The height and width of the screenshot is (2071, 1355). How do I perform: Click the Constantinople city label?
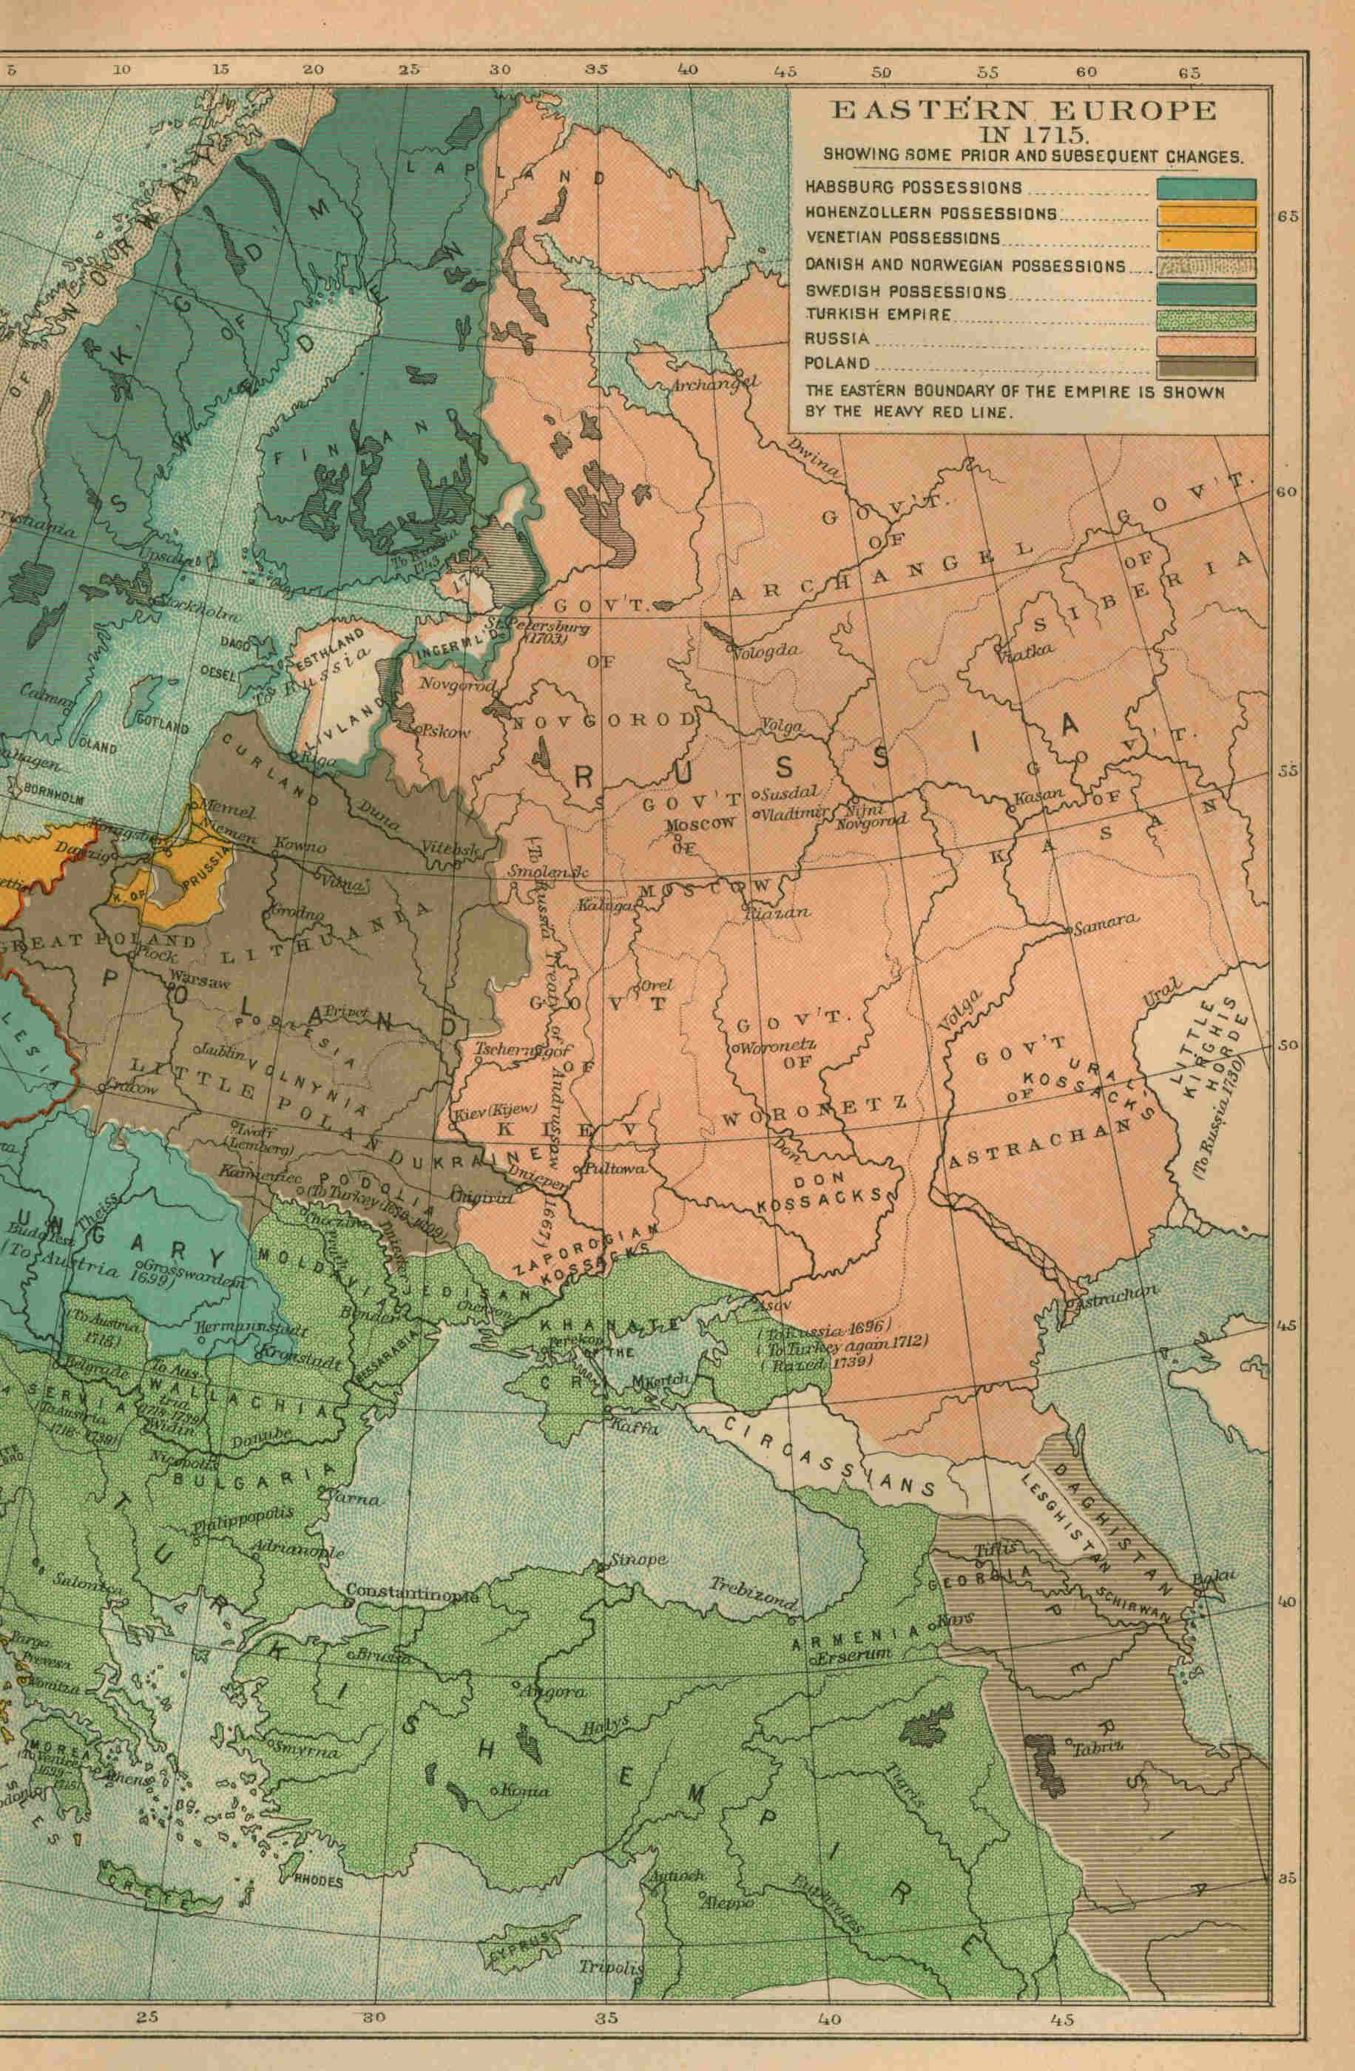tap(413, 1592)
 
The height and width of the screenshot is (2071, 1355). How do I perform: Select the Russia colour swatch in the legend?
tap(1206, 345)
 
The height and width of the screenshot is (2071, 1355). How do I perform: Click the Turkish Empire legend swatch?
tap(1206, 320)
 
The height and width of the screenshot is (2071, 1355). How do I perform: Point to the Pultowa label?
tap(616, 1169)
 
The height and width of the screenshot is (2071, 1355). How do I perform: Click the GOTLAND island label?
tap(161, 724)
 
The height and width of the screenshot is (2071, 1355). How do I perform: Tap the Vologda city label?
tap(766, 650)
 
